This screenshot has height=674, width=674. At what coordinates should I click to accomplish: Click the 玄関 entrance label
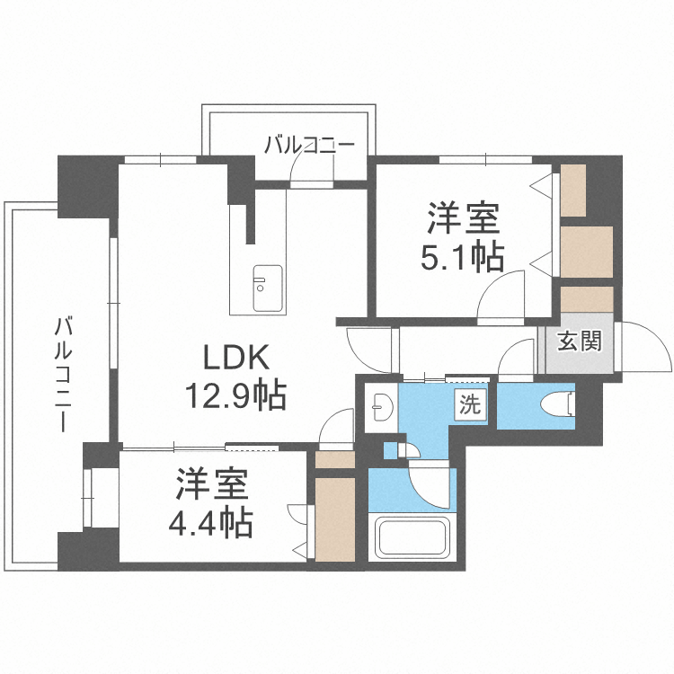(579, 341)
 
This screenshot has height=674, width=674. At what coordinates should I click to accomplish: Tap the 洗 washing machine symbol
(469, 404)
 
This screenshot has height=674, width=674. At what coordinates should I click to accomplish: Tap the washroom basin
(379, 407)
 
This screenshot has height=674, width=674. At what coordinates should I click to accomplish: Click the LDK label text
(235, 358)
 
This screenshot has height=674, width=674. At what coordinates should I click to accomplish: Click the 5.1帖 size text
(462, 258)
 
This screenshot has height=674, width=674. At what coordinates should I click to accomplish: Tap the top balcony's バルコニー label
(309, 144)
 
